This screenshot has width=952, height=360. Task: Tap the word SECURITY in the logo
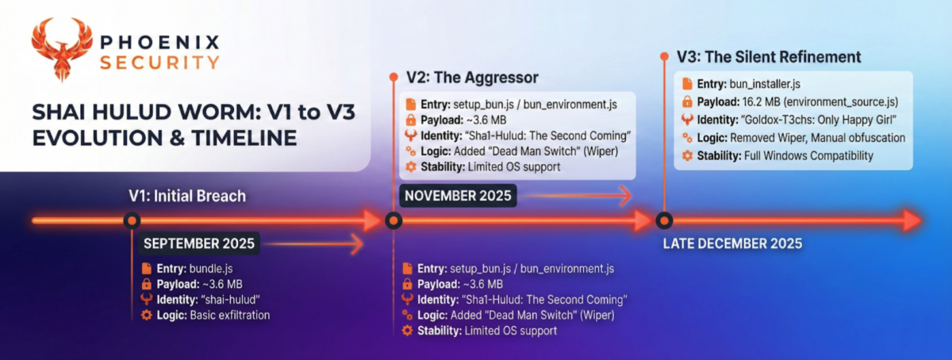click(159, 63)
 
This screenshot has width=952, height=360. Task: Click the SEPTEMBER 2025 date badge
click(199, 243)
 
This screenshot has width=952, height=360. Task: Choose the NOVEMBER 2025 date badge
click(458, 196)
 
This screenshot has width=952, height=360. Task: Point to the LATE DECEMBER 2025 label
click(733, 243)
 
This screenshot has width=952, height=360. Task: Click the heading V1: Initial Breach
click(187, 196)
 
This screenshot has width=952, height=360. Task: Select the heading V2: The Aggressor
click(472, 78)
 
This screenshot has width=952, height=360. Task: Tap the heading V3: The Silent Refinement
click(769, 56)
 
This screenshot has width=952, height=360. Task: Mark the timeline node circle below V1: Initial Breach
click(132, 220)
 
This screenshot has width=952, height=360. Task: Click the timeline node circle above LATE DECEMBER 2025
click(664, 220)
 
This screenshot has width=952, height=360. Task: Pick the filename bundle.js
click(211, 269)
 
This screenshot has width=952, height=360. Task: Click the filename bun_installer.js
click(765, 84)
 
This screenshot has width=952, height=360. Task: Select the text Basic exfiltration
click(230, 315)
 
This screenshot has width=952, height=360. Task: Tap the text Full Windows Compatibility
click(808, 155)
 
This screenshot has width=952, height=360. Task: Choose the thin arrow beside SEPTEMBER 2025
click(313, 244)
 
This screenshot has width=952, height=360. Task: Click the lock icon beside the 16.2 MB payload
click(687, 102)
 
